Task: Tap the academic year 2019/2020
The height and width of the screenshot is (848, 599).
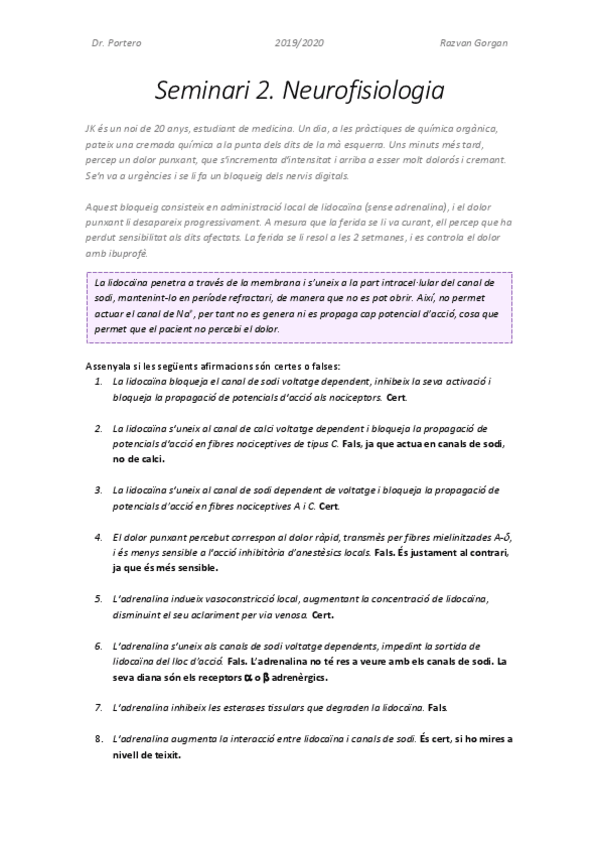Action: click(299, 44)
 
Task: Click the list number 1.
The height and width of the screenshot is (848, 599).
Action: click(98, 381)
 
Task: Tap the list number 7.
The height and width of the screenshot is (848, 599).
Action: click(98, 707)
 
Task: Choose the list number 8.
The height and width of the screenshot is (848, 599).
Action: click(98, 738)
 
